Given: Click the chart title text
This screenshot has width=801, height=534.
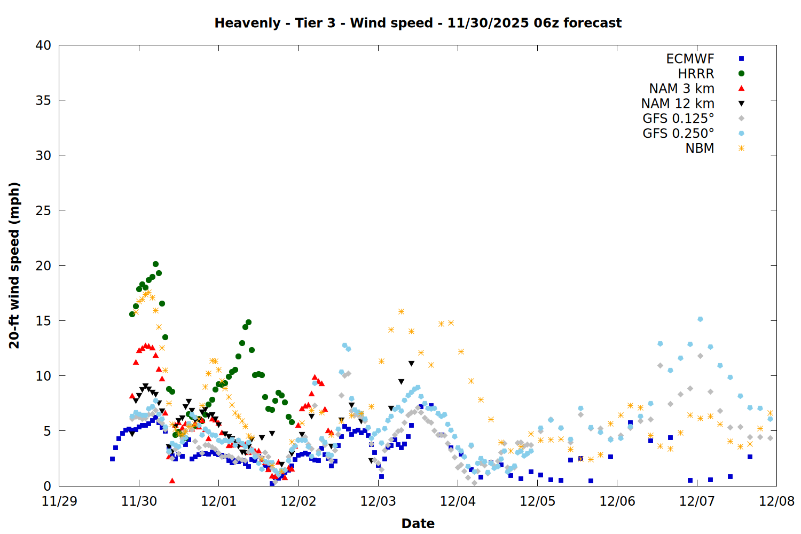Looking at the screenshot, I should point(418,23).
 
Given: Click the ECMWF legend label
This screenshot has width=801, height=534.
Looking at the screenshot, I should point(690,59).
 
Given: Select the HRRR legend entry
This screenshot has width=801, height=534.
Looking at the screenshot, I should point(696,74).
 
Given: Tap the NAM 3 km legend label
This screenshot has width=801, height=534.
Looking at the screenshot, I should point(681,89).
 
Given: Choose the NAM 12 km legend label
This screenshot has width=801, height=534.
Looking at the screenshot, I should point(678,104).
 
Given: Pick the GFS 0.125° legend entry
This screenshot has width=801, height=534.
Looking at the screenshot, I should point(678,119).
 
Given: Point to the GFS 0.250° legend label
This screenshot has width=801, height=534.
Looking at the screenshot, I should point(678,133).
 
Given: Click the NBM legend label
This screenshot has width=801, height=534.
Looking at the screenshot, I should point(700,148).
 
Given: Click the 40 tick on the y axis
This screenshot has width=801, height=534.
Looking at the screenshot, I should point(44,45).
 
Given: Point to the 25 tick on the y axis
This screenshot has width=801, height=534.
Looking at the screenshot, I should point(44,210).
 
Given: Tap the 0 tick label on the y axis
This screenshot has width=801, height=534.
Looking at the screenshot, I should point(48,486).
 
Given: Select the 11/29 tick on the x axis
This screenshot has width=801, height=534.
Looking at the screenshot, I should point(59,501).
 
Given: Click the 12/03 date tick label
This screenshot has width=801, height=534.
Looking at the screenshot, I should point(378,501).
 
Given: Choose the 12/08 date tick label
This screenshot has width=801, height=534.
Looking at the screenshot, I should point(777,501).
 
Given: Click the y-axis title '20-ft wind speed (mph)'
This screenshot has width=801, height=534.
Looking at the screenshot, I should point(14,265).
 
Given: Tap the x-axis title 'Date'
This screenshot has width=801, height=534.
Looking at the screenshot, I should point(418,523).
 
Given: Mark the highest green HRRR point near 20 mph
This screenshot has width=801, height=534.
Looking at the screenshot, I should point(155,264).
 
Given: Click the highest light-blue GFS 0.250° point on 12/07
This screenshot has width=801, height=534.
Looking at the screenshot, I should point(700,319).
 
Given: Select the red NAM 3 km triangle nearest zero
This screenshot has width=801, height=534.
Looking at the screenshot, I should point(172,481).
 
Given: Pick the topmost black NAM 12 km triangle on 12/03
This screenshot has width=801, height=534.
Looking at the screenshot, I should point(411,364).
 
